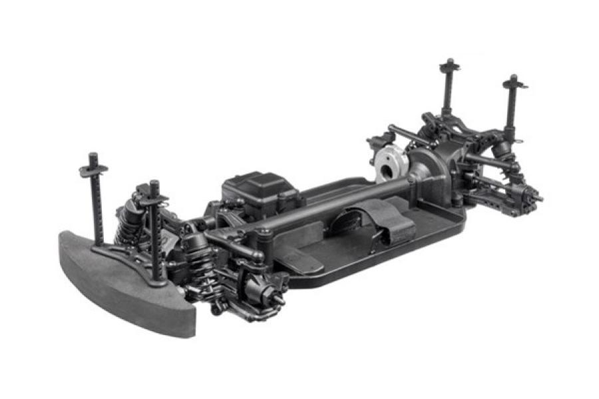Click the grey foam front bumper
(120, 279)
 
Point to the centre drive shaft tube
(326, 199)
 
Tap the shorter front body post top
(154, 184)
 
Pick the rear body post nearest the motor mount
(448, 65)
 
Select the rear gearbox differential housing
(433, 166)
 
